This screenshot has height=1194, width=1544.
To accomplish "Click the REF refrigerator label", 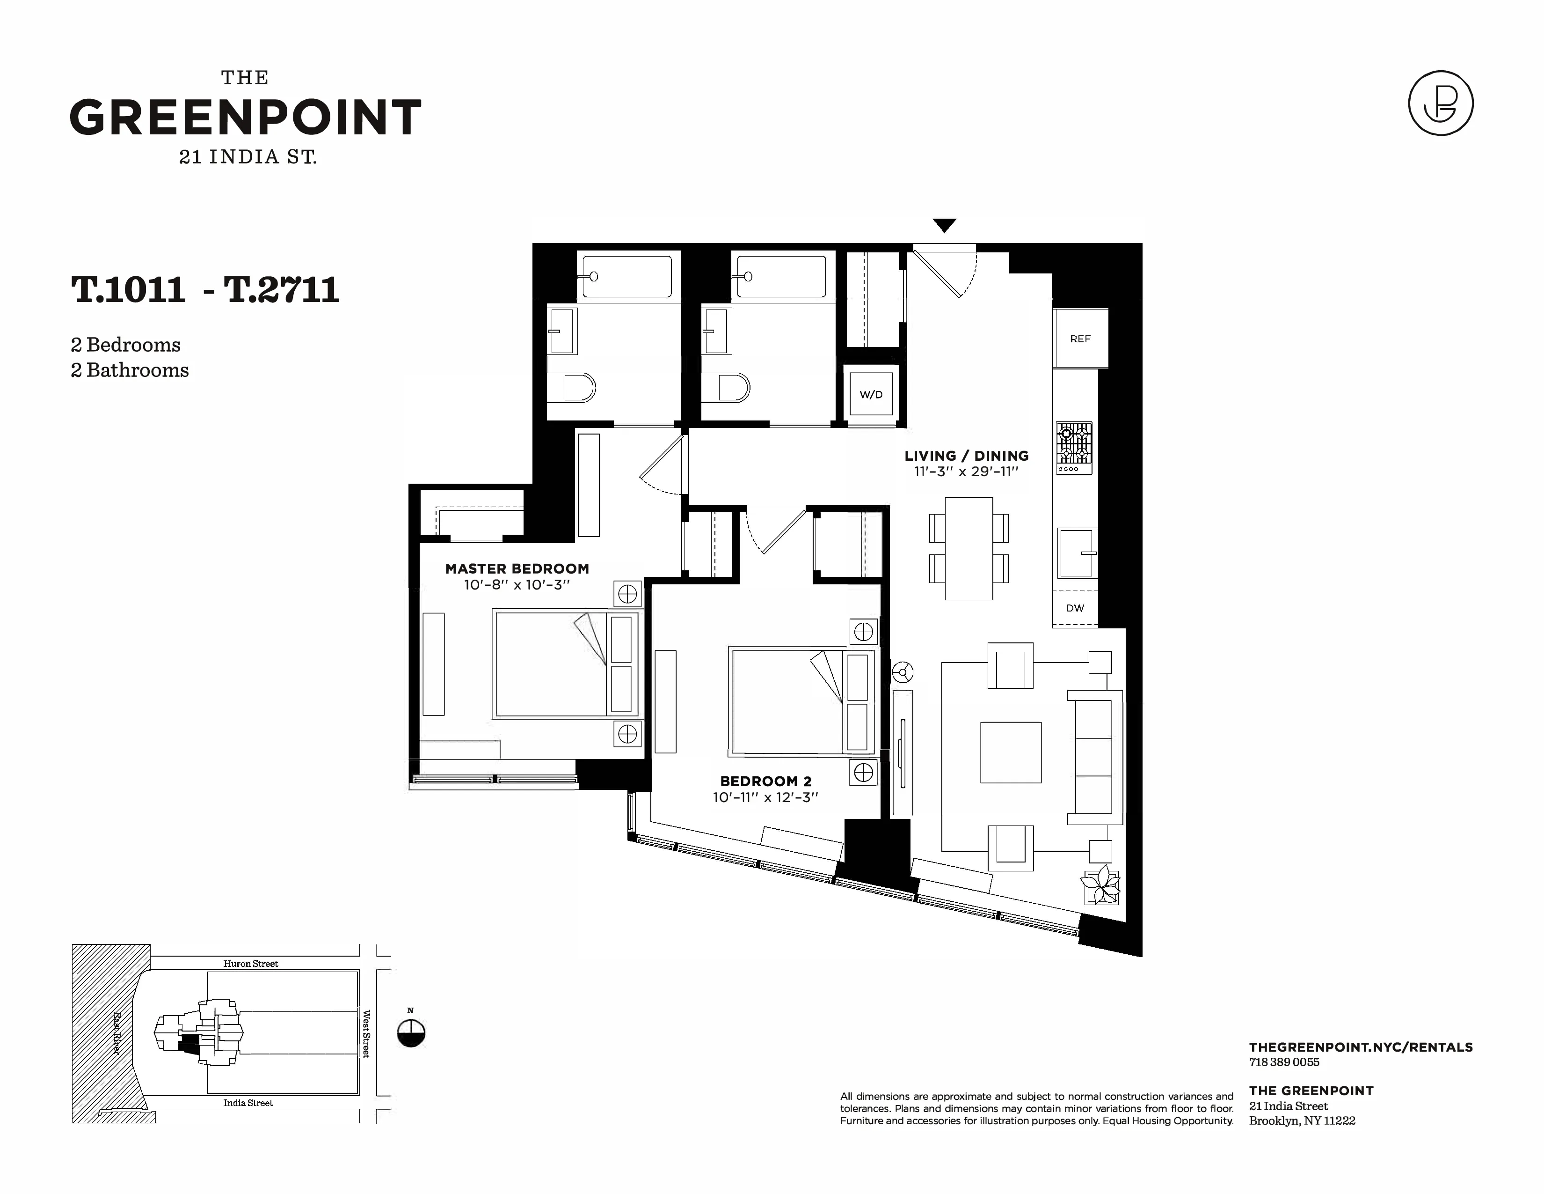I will (x=1079, y=339).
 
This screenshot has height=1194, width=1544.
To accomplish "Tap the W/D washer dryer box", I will (x=871, y=395).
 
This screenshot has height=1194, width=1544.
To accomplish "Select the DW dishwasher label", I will (x=1075, y=608).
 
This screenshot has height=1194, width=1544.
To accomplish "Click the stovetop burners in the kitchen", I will (x=1074, y=443).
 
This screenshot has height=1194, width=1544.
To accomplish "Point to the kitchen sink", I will (x=1077, y=553).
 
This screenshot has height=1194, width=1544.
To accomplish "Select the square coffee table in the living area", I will (x=1010, y=752).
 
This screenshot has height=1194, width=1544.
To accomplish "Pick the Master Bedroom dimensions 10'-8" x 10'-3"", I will (x=517, y=585).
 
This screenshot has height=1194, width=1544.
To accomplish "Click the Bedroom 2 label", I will (x=765, y=781).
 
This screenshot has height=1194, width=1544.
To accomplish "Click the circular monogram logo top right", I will (x=1440, y=103).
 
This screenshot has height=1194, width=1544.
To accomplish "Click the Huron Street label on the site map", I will (x=250, y=964).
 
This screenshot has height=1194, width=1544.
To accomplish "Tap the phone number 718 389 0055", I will (x=1284, y=1062).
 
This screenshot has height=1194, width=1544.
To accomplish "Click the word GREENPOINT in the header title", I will (x=245, y=118).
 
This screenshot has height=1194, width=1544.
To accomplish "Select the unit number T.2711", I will (x=281, y=289).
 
